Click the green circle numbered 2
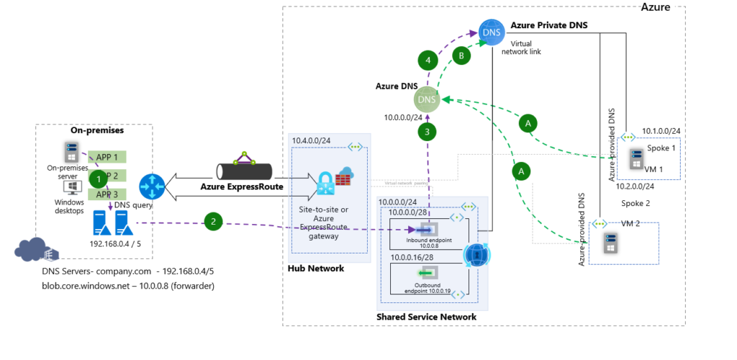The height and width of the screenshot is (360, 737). [213, 221]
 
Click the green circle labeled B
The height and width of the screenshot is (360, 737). [461, 55]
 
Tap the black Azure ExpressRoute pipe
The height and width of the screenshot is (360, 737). [245, 171]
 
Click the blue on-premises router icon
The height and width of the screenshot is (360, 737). [153, 186]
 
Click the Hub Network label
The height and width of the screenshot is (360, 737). [316, 268]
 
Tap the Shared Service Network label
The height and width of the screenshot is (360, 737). [426, 317]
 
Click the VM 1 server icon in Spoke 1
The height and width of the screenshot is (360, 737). [636, 158]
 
